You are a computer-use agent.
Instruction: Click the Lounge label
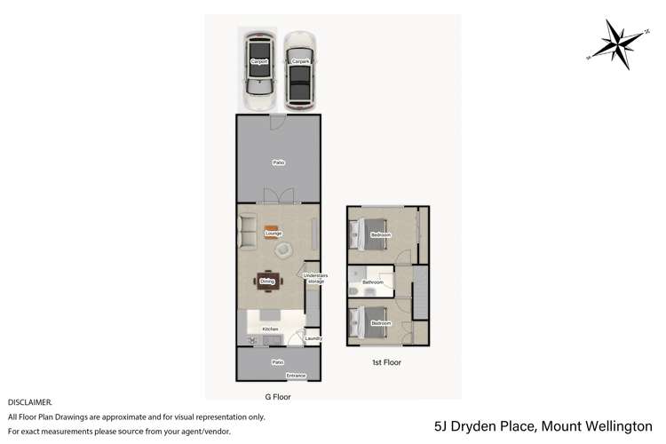pos(260,234)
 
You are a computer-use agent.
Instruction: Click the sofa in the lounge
pos(248,232)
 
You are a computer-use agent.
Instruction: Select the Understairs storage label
pos(314,278)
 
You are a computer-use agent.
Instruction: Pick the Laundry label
pos(312,338)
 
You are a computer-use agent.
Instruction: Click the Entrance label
pos(296,376)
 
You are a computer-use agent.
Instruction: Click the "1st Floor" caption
pos(386,362)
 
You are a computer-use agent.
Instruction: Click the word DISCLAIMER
pos(30,402)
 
